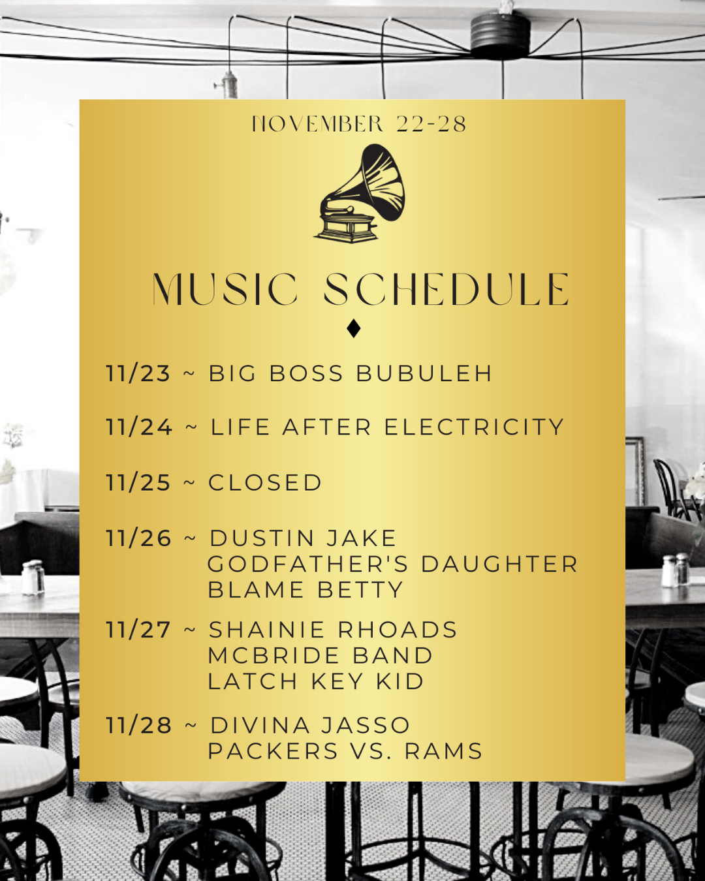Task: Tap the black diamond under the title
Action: click(x=354, y=328)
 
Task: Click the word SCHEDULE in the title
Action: click(x=446, y=289)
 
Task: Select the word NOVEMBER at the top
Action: click(x=317, y=123)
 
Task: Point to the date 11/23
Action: click(x=138, y=373)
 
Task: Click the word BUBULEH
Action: click(x=424, y=373)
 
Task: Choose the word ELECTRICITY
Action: click(x=474, y=427)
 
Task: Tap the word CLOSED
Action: click(x=266, y=482)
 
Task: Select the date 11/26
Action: click(x=138, y=538)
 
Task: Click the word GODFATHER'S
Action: click(x=308, y=564)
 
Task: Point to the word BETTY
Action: click(x=360, y=590)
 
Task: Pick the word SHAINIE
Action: click(x=267, y=630)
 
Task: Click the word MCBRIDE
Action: click(x=274, y=655)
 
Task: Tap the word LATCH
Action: click(x=253, y=681)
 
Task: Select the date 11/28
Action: click(x=138, y=726)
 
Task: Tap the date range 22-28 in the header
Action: click(x=431, y=123)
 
